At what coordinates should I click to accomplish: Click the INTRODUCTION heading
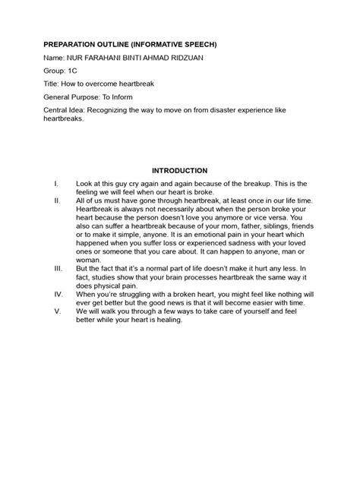click(179, 171)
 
